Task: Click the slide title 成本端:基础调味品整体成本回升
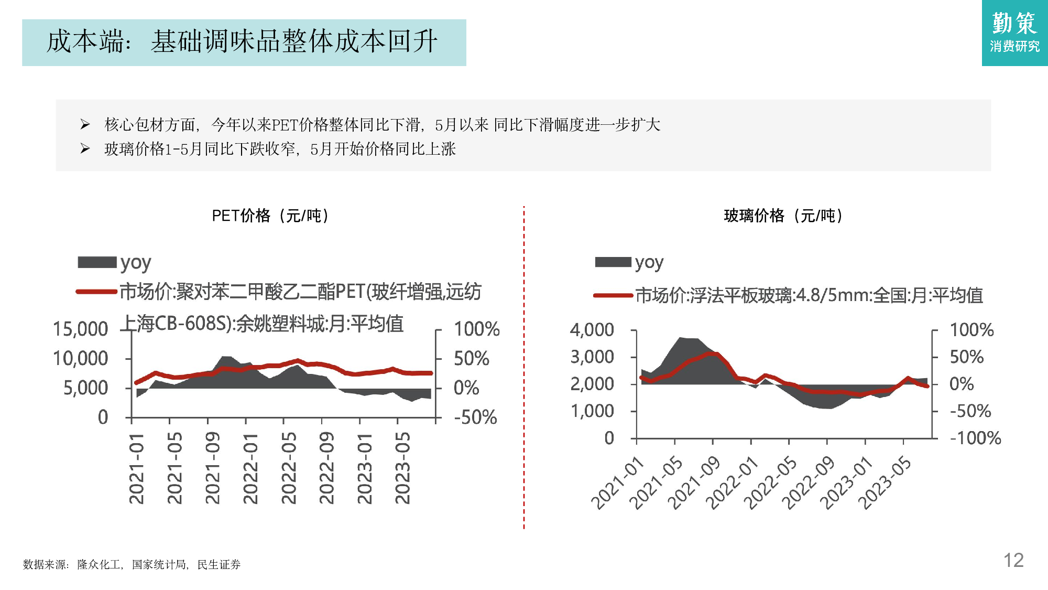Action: click(x=243, y=42)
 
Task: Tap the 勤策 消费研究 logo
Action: click(x=1014, y=33)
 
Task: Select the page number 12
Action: click(x=1013, y=560)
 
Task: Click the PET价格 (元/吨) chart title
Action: click(x=270, y=216)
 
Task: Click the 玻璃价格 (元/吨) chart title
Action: click(x=783, y=216)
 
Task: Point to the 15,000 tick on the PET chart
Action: click(x=80, y=329)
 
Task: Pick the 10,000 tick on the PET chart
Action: click(x=80, y=359)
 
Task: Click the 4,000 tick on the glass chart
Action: click(x=592, y=330)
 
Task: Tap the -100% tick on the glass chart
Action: click(x=975, y=438)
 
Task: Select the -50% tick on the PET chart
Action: click(x=475, y=417)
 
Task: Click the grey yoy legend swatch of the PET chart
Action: click(x=97, y=262)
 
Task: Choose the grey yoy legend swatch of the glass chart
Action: click(x=613, y=262)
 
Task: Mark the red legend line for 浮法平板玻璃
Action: click(x=613, y=296)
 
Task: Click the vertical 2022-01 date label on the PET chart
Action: click(x=250, y=468)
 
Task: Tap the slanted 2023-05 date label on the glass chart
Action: click(x=885, y=483)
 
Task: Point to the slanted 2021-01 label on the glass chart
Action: click(x=617, y=483)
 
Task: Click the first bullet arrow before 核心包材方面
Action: click(x=85, y=124)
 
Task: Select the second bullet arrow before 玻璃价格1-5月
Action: click(x=85, y=149)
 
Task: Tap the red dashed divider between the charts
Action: click(x=523, y=367)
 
